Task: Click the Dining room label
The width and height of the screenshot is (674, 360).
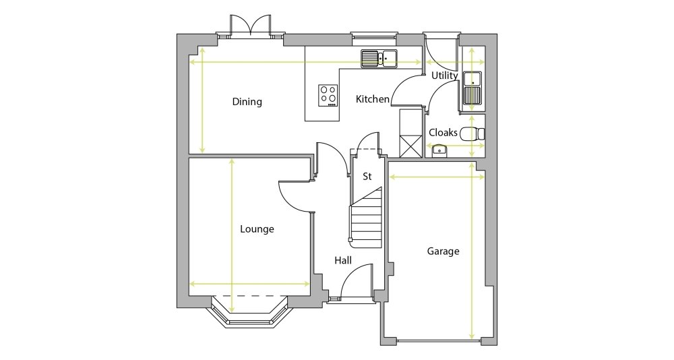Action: coord(247,102)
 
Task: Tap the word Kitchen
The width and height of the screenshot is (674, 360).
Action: coord(373,99)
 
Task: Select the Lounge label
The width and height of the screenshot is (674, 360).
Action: coord(257,229)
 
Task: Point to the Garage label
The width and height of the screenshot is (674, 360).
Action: coord(443,251)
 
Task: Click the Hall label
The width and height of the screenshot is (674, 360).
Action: coord(343,260)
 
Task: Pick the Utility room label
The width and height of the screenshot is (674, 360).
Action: coord(444,76)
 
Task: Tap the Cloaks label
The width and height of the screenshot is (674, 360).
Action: coord(443,133)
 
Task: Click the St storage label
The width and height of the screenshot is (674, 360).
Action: coord(367,177)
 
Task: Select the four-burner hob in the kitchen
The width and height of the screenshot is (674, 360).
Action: coord(328,95)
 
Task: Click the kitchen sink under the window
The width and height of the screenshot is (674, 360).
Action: coord(379,59)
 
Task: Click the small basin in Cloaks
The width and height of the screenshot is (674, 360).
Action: coord(439,150)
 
